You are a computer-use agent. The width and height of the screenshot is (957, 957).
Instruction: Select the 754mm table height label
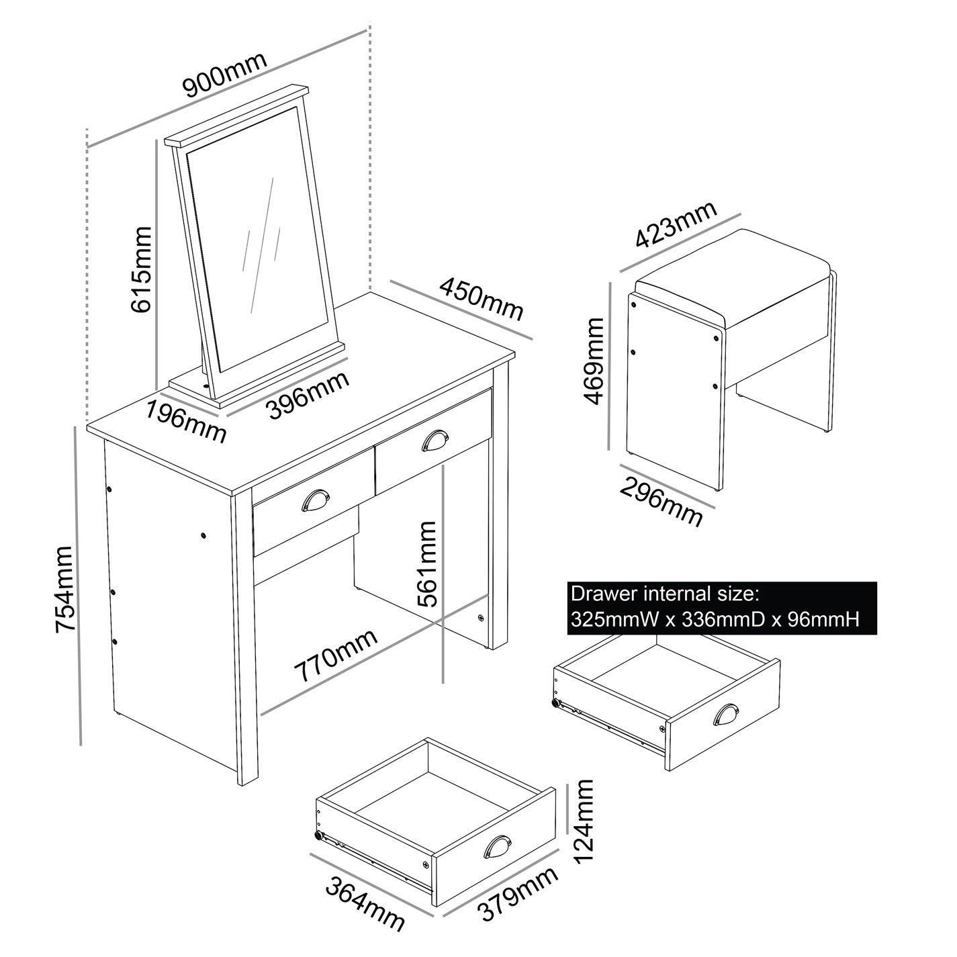(x=64, y=589)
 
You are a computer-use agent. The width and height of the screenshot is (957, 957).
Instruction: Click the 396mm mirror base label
(x=309, y=396)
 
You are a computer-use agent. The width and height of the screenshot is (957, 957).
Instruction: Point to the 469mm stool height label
(x=594, y=361)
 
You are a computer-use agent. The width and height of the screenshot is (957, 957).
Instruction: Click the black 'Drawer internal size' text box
(x=722, y=608)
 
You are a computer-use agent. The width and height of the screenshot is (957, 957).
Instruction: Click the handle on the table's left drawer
(x=316, y=500)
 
